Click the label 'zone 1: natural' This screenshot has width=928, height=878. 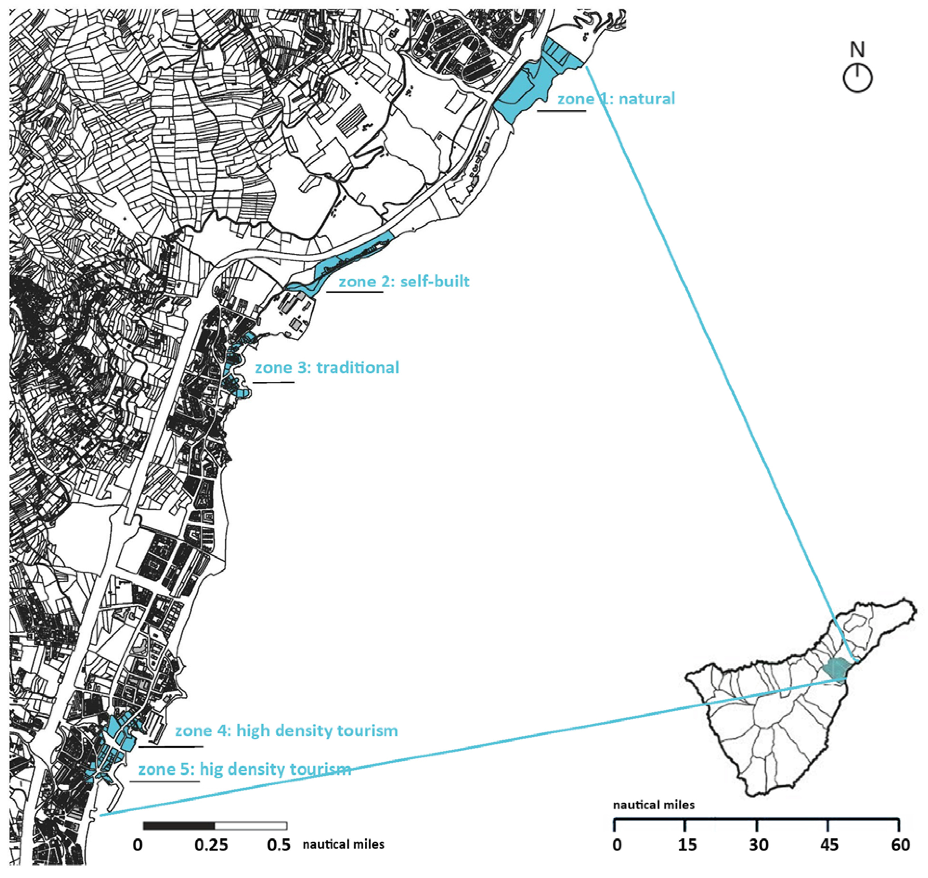pyautogui.click(x=616, y=99)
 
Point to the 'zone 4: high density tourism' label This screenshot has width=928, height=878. pyautogui.click(x=287, y=730)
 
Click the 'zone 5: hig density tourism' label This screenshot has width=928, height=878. pyautogui.click(x=244, y=769)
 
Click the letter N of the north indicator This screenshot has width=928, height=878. pyautogui.click(x=857, y=50)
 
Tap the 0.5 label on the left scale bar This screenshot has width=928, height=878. pyautogui.click(x=279, y=845)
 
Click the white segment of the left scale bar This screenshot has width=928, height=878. pyautogui.click(x=251, y=826)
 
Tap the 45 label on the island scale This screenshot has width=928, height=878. pyautogui.click(x=829, y=845)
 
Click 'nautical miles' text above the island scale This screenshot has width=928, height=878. pyautogui.click(x=654, y=805)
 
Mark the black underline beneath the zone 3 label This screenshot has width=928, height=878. pyautogui.click(x=274, y=382)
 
